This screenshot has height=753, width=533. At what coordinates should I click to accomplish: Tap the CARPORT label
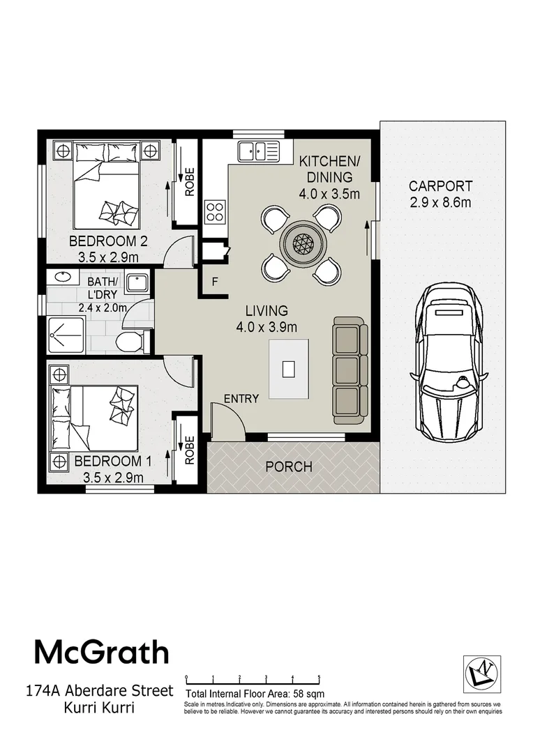point(440,186)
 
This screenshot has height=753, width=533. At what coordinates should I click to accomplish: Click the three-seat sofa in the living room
point(350,370)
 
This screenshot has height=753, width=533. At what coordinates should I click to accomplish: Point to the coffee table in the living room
point(290,368)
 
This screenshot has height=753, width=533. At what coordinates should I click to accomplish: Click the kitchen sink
point(257,150)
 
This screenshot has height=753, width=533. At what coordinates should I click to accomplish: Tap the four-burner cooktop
point(215,211)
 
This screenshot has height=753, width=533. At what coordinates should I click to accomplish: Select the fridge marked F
point(215,283)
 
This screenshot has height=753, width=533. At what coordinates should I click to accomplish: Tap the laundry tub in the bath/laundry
point(137,284)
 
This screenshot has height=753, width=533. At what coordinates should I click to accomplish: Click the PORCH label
point(288,466)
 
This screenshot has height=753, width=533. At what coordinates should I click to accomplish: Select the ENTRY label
point(241,399)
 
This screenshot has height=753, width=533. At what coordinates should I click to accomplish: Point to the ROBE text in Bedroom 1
point(189,450)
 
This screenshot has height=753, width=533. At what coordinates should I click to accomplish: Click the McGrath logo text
point(102,652)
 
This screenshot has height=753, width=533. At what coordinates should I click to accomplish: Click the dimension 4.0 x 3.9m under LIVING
point(266,326)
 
